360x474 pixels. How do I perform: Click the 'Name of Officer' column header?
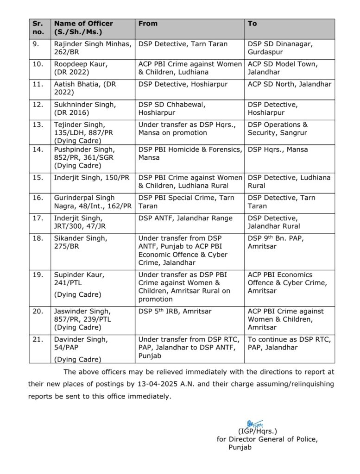point(83,24)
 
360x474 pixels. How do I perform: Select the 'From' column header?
point(148,24)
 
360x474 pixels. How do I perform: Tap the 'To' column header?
point(252,24)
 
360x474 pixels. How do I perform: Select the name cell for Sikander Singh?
point(81,242)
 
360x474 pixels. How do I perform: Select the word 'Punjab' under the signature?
point(240,447)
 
